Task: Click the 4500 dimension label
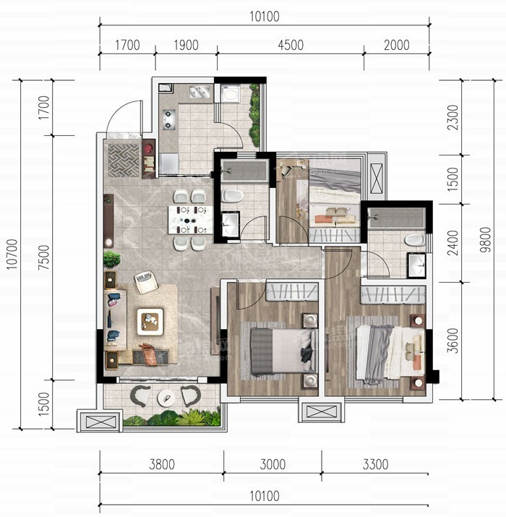point(291,45)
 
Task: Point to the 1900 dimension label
point(186,45)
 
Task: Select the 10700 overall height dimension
point(12,255)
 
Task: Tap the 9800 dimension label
point(485,240)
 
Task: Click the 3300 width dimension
point(375,464)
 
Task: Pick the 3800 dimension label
point(162,464)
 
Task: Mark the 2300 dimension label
point(453,117)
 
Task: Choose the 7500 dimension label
point(43,257)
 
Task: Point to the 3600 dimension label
point(453,341)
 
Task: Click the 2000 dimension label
point(397,45)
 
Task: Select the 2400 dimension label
point(453,243)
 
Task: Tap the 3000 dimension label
point(273,464)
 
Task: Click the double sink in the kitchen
point(200,92)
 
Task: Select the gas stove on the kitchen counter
point(168,119)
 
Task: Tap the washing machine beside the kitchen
point(231,94)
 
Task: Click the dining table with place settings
point(190,220)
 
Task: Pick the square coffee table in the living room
point(150,322)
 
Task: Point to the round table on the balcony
point(166,398)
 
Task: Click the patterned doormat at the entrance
point(124,161)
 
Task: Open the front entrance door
point(124,116)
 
